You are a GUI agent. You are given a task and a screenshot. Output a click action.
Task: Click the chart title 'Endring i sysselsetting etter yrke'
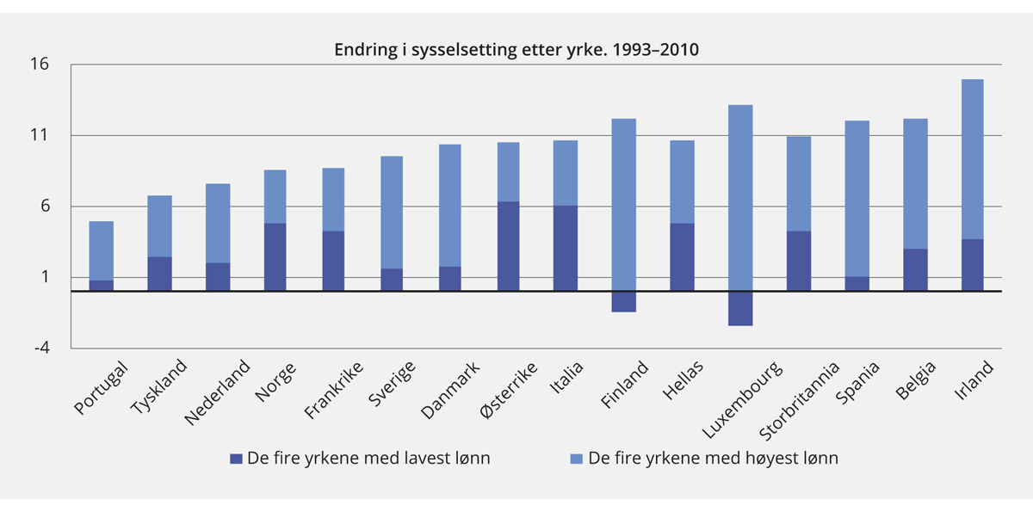pyautogui.click(x=516, y=49)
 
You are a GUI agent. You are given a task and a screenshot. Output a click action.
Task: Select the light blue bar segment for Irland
pyautogui.click(x=972, y=159)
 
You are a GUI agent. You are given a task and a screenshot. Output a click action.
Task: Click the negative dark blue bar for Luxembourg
pyautogui.click(x=740, y=308)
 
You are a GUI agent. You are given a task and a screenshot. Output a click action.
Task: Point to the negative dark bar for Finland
pyautogui.click(x=624, y=301)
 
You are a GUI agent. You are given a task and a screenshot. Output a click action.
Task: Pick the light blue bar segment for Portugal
pyautogui.click(x=101, y=250)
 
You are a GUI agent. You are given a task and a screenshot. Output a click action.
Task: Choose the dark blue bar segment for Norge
pyautogui.click(x=275, y=256)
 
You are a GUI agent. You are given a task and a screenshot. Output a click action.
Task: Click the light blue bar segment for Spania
pyautogui.click(x=857, y=198)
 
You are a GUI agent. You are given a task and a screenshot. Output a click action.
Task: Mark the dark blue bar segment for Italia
pyautogui.click(x=566, y=248)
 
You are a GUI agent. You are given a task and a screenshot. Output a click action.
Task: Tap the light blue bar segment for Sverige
pyautogui.click(x=391, y=212)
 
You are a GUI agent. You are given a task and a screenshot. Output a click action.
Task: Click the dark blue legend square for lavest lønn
pyautogui.click(x=237, y=459)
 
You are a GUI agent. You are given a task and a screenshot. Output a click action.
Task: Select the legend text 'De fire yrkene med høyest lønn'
pyautogui.click(x=713, y=459)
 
